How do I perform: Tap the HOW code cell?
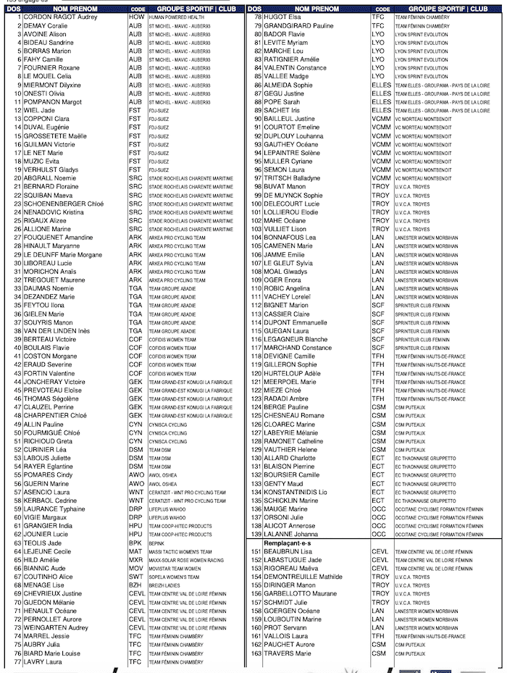(x=136, y=17)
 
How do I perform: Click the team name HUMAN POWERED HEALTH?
(x=176, y=17)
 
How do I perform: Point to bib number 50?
(x=17, y=432)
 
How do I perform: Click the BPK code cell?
(x=135, y=543)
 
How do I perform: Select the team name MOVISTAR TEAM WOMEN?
(x=175, y=569)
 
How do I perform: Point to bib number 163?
(x=256, y=653)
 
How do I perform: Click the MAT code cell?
(x=135, y=551)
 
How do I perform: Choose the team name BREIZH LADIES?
(x=165, y=585)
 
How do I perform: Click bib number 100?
(x=256, y=204)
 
